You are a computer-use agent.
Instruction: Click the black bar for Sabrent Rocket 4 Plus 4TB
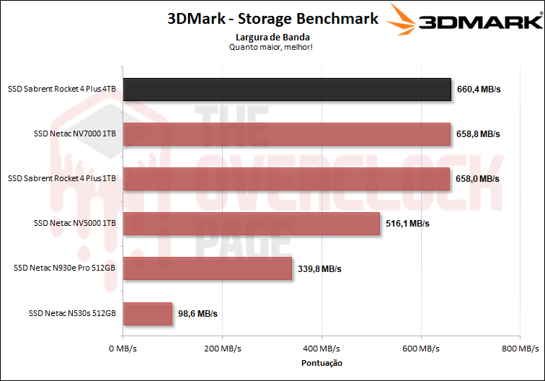pyautogui.click(x=287, y=89)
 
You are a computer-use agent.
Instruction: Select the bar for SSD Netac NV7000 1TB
pyautogui.click(x=286, y=134)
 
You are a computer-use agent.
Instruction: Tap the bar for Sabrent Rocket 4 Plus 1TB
pyautogui.click(x=286, y=179)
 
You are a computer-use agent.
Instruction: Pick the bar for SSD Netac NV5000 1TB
pyautogui.click(x=251, y=224)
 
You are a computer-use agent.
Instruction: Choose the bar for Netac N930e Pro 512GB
pyautogui.click(x=207, y=268)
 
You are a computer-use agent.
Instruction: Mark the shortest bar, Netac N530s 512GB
pyautogui.click(x=147, y=313)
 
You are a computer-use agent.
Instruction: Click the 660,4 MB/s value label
pyautogui.click(x=479, y=90)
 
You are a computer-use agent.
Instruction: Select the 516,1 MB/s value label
pyautogui.click(x=407, y=224)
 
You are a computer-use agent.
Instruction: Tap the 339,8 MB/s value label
pyautogui.click(x=319, y=269)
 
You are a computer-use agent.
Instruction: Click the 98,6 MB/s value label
pyautogui.click(x=198, y=314)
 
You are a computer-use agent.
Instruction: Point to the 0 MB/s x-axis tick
pyautogui.click(x=123, y=349)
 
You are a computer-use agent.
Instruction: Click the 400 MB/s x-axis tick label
pyautogui.click(x=322, y=349)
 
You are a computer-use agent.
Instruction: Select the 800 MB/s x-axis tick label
pyautogui.click(x=520, y=349)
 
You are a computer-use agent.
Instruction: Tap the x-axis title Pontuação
pyautogui.click(x=321, y=363)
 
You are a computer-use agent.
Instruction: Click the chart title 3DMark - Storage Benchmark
pyautogui.click(x=272, y=19)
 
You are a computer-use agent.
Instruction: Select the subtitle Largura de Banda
pyautogui.click(x=272, y=36)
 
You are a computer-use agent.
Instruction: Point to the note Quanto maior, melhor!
pyautogui.click(x=272, y=47)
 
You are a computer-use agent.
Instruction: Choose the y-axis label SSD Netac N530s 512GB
pyautogui.click(x=72, y=314)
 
